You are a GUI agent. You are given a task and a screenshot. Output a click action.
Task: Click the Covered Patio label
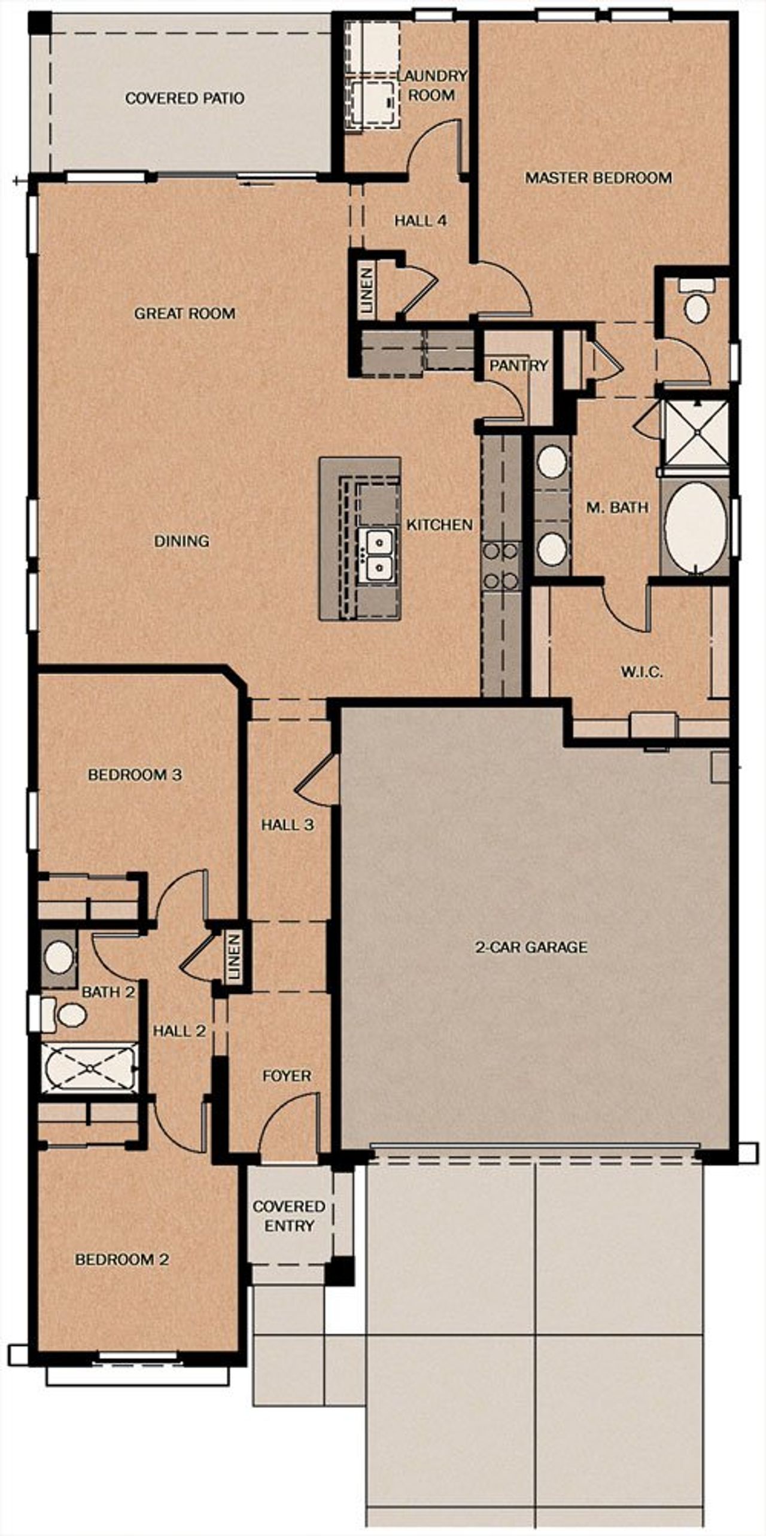(x=184, y=98)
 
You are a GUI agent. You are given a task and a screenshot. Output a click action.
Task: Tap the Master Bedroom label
(x=598, y=178)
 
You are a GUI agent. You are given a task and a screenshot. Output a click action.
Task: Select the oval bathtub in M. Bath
(x=695, y=525)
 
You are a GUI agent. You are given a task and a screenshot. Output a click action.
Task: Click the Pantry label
(x=518, y=365)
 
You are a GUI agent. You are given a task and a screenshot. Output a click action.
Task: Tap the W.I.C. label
(x=642, y=672)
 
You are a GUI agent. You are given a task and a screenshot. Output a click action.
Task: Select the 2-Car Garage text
(x=531, y=947)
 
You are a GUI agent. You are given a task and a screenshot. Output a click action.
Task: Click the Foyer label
(x=287, y=1076)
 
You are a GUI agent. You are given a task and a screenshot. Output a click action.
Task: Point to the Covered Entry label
(x=289, y=1216)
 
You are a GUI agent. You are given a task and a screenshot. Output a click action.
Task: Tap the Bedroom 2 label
(x=121, y=1260)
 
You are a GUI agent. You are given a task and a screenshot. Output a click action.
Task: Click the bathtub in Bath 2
(x=89, y=1068)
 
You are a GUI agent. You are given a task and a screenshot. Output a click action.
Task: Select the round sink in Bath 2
(x=59, y=958)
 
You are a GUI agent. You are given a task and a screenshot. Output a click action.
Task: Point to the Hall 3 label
(x=287, y=825)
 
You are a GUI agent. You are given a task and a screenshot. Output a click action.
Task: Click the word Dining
(x=181, y=541)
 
